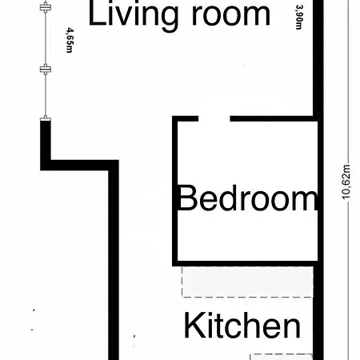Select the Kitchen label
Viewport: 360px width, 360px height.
point(242,326)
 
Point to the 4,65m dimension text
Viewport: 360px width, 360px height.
point(68,39)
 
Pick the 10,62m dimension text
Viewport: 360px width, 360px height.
point(347,185)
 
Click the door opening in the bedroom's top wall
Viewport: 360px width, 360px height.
point(214,119)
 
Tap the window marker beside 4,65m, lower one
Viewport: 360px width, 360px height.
point(45,70)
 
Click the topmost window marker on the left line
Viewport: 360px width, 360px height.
point(45,7)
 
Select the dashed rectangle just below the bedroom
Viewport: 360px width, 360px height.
point(246,282)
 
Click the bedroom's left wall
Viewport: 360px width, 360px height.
point(175,192)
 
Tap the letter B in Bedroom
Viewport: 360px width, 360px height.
point(186,198)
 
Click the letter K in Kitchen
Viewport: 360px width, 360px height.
point(193,326)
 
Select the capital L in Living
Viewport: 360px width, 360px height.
point(95,14)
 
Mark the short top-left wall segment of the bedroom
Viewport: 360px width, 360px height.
point(186,119)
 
